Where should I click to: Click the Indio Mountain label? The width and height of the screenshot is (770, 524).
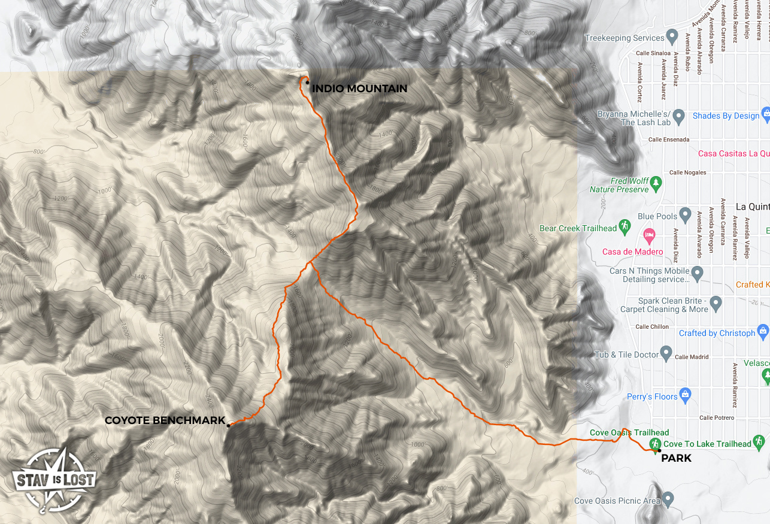tap(359, 89)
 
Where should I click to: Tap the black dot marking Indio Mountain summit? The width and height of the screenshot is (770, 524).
tap(308, 83)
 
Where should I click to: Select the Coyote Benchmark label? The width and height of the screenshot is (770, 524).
tap(165, 420)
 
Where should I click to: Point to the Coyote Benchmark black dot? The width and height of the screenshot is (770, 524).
tap(228, 426)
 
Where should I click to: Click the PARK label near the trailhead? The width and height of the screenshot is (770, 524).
tap(676, 458)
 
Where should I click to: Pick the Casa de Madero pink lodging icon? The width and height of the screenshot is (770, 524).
tap(647, 234)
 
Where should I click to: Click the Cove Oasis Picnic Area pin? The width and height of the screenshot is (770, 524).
tap(669, 499)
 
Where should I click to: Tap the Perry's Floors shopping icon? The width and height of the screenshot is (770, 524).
tap(686, 394)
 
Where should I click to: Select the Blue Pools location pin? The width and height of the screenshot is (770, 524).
tap(686, 214)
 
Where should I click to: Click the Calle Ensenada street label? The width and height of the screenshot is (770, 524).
tap(669, 140)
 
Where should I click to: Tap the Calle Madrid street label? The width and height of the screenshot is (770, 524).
tap(692, 357)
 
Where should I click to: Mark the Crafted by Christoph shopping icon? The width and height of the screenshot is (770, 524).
tap(763, 331)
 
